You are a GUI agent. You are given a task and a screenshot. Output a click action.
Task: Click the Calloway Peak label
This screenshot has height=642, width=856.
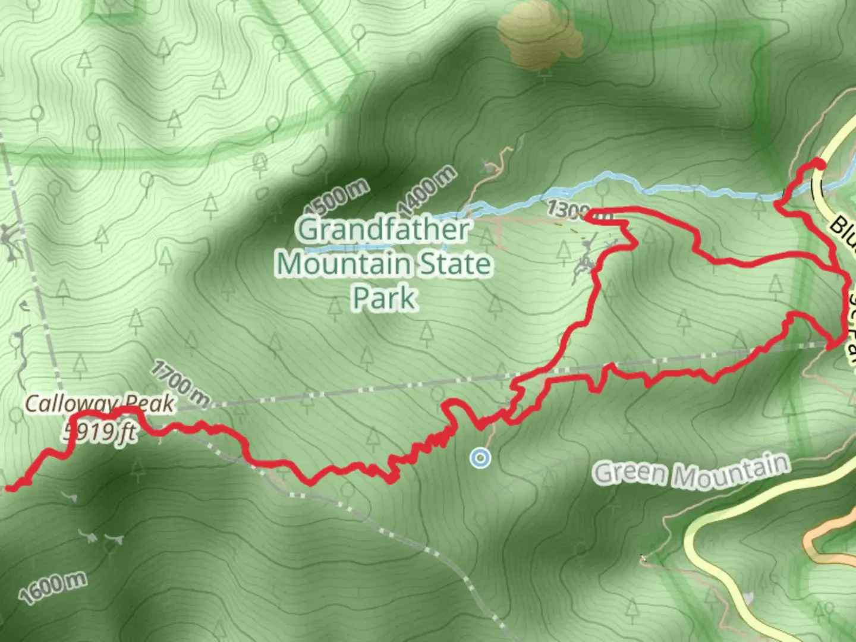click(x=99, y=404)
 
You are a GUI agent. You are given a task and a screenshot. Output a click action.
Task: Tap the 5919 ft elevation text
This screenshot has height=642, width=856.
click(x=100, y=433)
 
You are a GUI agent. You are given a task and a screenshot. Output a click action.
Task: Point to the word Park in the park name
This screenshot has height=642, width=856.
click(x=385, y=297)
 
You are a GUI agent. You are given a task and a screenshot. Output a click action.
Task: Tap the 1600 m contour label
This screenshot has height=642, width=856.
click(x=52, y=587)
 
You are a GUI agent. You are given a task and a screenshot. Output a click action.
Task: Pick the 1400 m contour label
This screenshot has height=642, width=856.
click(x=427, y=191)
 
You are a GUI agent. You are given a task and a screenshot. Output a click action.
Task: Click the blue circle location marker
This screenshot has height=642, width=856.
click(x=480, y=458)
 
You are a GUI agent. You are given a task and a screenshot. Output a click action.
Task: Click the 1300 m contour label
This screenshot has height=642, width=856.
click(x=568, y=210)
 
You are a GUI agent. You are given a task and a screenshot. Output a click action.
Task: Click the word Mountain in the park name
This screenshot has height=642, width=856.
click(x=344, y=263)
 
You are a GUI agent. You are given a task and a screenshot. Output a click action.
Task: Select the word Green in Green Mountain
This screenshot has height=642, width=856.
click(x=630, y=473)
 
